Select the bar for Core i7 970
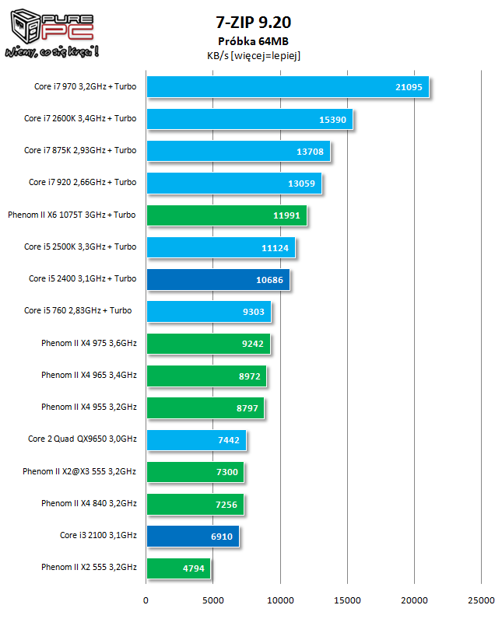(x=287, y=86)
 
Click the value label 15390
(x=332, y=118)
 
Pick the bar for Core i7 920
(x=233, y=183)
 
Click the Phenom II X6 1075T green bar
(x=226, y=215)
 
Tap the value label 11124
(x=276, y=247)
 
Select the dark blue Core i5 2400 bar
(x=217, y=279)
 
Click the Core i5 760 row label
(x=78, y=310)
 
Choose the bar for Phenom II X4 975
(x=208, y=343)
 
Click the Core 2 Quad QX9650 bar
(x=195, y=439)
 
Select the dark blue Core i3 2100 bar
(x=192, y=536)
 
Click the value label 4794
(x=194, y=568)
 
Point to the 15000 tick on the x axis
(x=347, y=600)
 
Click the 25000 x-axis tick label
(x=481, y=600)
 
